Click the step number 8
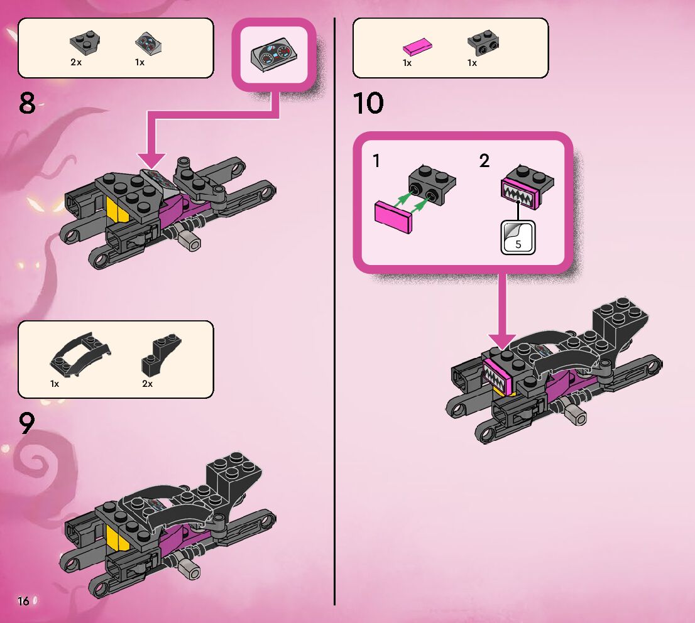[x=27, y=103]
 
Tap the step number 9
[x=27, y=424]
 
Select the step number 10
[x=368, y=103]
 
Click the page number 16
[x=23, y=601]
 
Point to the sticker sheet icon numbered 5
[x=518, y=238]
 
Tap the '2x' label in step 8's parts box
[x=76, y=63]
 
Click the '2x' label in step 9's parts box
[x=147, y=384]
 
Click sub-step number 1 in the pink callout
[x=376, y=161]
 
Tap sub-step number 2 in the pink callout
[x=484, y=161]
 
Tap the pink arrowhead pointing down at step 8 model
[x=151, y=161]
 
